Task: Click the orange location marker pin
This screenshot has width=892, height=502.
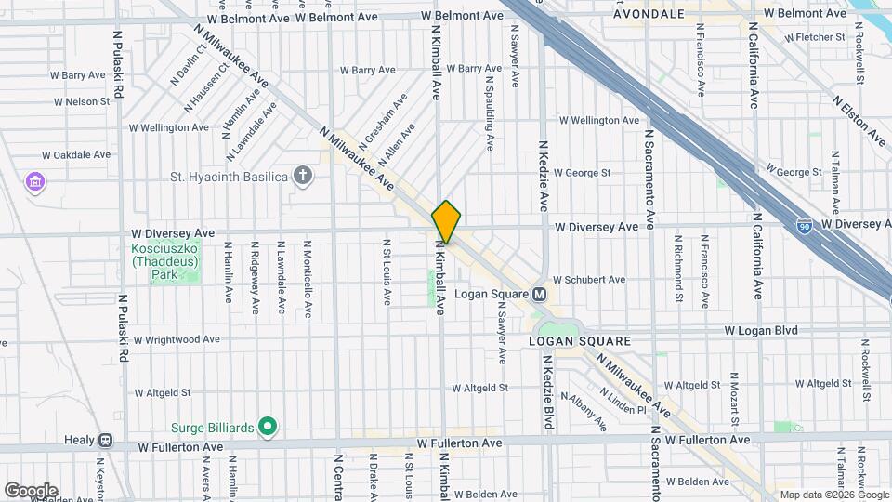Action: (x=446, y=221)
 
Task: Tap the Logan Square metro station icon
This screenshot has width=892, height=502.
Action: (x=538, y=295)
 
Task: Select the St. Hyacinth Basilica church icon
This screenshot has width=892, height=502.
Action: (x=302, y=174)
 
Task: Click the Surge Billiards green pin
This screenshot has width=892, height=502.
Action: (x=268, y=428)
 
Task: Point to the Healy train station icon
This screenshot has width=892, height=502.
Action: (x=106, y=441)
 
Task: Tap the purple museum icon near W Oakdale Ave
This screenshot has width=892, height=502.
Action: (x=35, y=180)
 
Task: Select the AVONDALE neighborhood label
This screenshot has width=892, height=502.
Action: (x=649, y=14)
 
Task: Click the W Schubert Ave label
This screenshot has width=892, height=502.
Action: (x=589, y=279)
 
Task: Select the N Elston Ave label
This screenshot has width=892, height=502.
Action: (x=859, y=120)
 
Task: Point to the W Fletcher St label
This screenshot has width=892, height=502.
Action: (x=815, y=38)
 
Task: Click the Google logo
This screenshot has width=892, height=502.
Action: (x=31, y=490)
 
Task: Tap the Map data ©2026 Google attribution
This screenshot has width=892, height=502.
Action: (x=833, y=495)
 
